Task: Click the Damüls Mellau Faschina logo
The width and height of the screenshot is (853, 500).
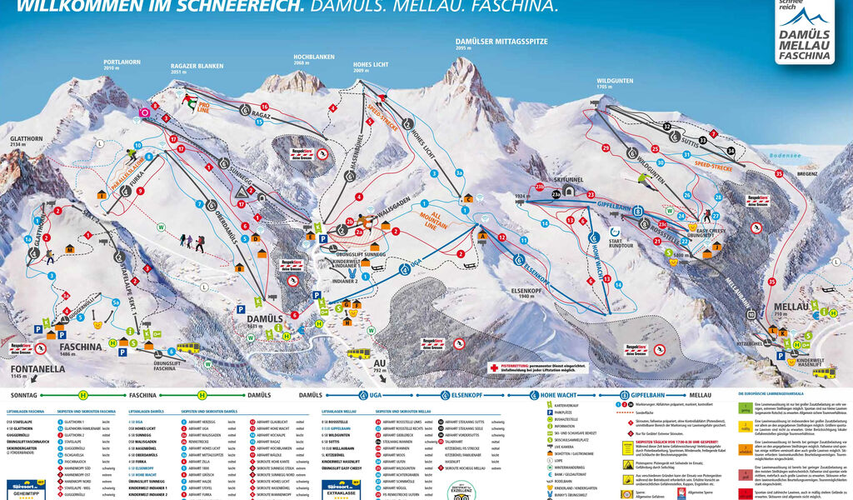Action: [804, 35]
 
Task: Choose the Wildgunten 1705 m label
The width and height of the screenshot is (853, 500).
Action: [614, 82]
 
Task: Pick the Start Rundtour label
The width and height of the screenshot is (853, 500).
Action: [616, 245]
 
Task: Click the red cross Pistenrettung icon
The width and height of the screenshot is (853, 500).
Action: [494, 367]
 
